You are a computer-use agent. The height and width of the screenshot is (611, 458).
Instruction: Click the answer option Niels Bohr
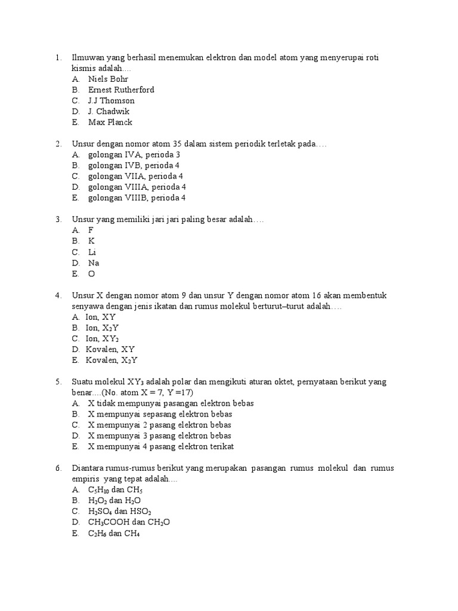tap(108, 79)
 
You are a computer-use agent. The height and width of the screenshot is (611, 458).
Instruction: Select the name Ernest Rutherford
tap(121, 90)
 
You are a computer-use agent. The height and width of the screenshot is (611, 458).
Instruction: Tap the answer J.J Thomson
tap(112, 100)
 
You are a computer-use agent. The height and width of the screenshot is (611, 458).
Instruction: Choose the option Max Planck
tap(110, 122)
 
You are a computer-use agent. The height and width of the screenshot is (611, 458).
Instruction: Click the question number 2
tap(58, 144)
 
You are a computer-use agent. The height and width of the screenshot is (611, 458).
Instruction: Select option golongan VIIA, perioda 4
tap(135, 176)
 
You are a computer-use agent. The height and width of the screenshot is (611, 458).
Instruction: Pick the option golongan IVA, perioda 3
tap(134, 155)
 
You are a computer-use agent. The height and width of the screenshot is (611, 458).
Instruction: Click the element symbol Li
tap(92, 252)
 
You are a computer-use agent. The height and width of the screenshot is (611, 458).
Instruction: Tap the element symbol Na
tap(94, 263)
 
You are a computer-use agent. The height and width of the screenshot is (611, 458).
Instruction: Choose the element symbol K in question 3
tap(92, 241)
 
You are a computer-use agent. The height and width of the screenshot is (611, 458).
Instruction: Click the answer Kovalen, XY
tap(111, 349)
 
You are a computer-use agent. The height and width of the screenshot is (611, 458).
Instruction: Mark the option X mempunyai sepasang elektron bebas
tap(160, 414)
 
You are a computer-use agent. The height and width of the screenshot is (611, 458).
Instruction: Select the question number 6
tap(58, 468)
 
